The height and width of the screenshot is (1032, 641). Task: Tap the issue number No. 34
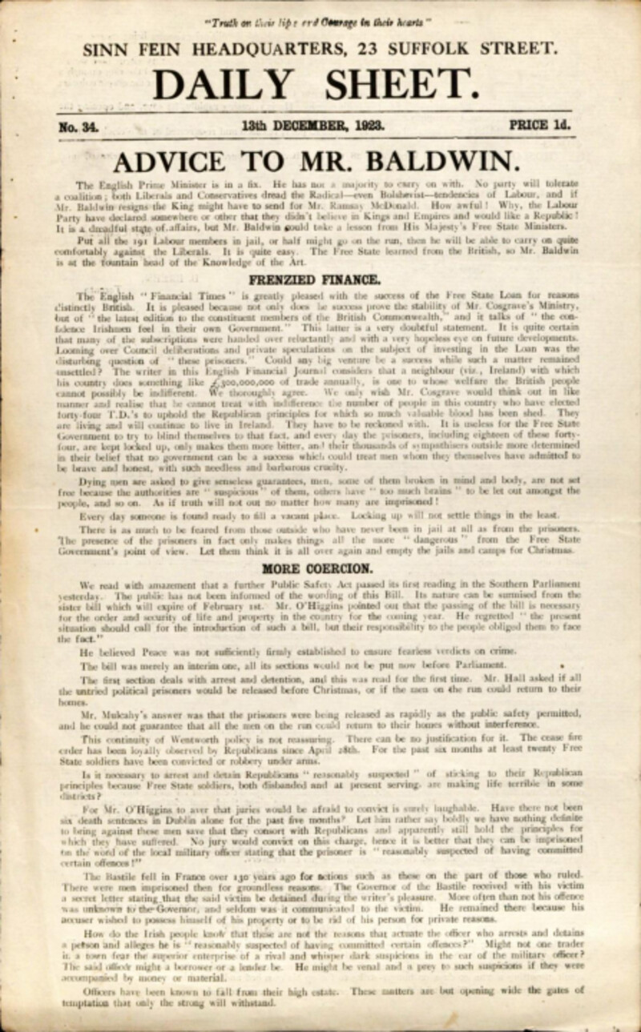coord(79,126)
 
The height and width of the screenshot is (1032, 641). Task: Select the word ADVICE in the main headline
coord(173,162)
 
